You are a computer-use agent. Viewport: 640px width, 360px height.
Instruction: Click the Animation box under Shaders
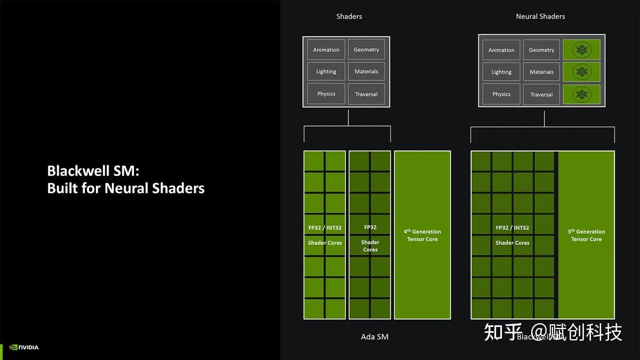pyautogui.click(x=326, y=50)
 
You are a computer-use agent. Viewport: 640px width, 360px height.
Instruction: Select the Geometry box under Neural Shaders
pyautogui.click(x=541, y=50)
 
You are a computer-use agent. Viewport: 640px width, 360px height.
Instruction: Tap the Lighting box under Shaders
pyautogui.click(x=326, y=71)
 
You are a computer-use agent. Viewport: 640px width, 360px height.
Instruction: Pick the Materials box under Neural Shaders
pyautogui.click(x=541, y=72)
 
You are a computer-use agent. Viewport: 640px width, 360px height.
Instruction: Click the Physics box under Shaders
pyautogui.click(x=326, y=94)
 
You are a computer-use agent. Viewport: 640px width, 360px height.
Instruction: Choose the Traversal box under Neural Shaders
pyautogui.click(x=541, y=94)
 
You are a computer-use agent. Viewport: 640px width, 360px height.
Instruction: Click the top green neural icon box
pyautogui.click(x=581, y=50)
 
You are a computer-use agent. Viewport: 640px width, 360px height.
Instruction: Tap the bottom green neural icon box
pyautogui.click(x=581, y=94)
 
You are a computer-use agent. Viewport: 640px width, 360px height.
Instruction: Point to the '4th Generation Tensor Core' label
pyautogui.click(x=422, y=235)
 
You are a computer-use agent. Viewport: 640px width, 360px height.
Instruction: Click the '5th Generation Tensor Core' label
pyautogui.click(x=586, y=235)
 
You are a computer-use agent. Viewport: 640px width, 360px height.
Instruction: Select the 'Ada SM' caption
pyautogui.click(x=374, y=337)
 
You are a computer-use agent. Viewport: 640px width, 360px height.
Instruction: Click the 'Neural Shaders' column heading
pyautogui.click(x=540, y=17)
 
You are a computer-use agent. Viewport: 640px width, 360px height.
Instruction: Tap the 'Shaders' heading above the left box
pyautogui.click(x=349, y=17)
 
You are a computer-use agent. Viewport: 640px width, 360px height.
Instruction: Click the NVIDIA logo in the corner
pyautogui.click(x=24, y=347)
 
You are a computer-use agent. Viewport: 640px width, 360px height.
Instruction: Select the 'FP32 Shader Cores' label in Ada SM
pyautogui.click(x=370, y=238)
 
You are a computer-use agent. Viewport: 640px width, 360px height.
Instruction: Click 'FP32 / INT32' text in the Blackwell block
pyautogui.click(x=512, y=228)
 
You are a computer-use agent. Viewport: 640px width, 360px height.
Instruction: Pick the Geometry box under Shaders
pyautogui.click(x=366, y=50)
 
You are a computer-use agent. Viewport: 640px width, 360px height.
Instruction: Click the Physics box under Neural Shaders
pyautogui.click(x=501, y=94)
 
